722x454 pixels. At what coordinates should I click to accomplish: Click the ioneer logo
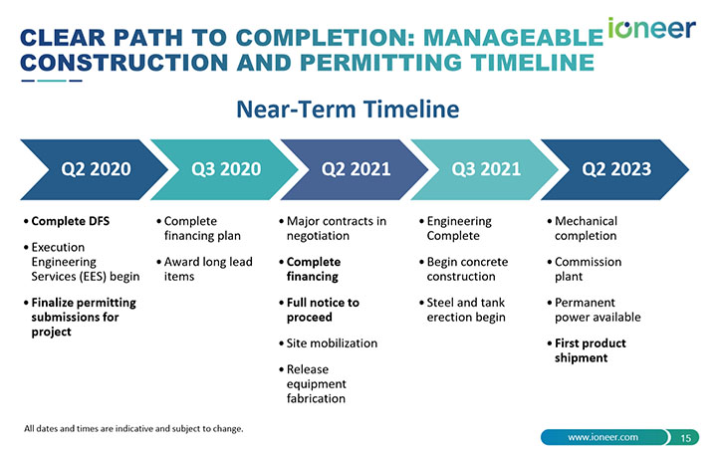tap(651, 29)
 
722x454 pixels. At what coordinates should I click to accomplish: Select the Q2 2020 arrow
tap(94, 169)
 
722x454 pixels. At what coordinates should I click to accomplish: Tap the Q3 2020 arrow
tap(224, 169)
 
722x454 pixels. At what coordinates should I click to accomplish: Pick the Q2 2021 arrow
tap(355, 169)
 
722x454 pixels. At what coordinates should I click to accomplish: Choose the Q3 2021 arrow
tap(484, 169)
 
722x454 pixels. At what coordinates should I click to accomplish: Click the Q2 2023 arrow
tap(614, 169)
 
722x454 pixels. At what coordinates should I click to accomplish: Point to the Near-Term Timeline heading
tap(348, 110)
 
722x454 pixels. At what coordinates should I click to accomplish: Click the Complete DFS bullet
tap(67, 221)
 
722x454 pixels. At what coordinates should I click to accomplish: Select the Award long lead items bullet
tap(204, 269)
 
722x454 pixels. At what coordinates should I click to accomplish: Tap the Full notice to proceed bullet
tap(319, 310)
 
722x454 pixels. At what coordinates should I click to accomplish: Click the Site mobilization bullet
tap(329, 343)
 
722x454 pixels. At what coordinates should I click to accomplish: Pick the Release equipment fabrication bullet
tap(313, 383)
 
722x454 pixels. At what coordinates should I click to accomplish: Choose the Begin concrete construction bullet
tap(464, 269)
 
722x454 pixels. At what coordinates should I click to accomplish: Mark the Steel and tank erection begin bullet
tap(462, 310)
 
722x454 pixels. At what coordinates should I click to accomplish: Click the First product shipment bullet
tap(587, 350)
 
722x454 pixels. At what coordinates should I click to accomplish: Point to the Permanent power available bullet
tap(594, 310)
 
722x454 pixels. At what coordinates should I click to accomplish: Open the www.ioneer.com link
tap(602, 437)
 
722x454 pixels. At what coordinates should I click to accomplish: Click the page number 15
tap(685, 437)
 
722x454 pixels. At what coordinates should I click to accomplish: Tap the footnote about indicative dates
tap(133, 429)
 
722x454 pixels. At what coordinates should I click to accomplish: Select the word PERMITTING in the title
tap(380, 63)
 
